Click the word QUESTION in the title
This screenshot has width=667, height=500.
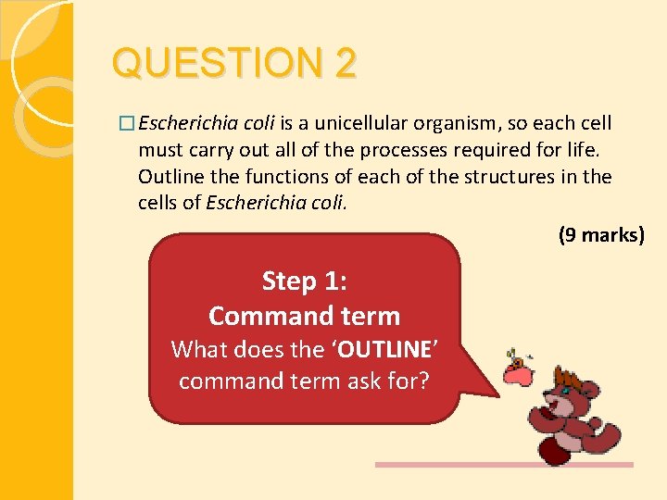[213, 64]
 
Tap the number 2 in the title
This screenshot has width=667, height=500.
[345, 64]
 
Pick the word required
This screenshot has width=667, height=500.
[498, 150]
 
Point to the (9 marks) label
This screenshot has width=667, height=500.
[600, 235]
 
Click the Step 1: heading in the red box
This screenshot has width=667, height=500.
[304, 280]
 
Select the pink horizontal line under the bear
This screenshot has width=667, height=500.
[504, 465]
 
